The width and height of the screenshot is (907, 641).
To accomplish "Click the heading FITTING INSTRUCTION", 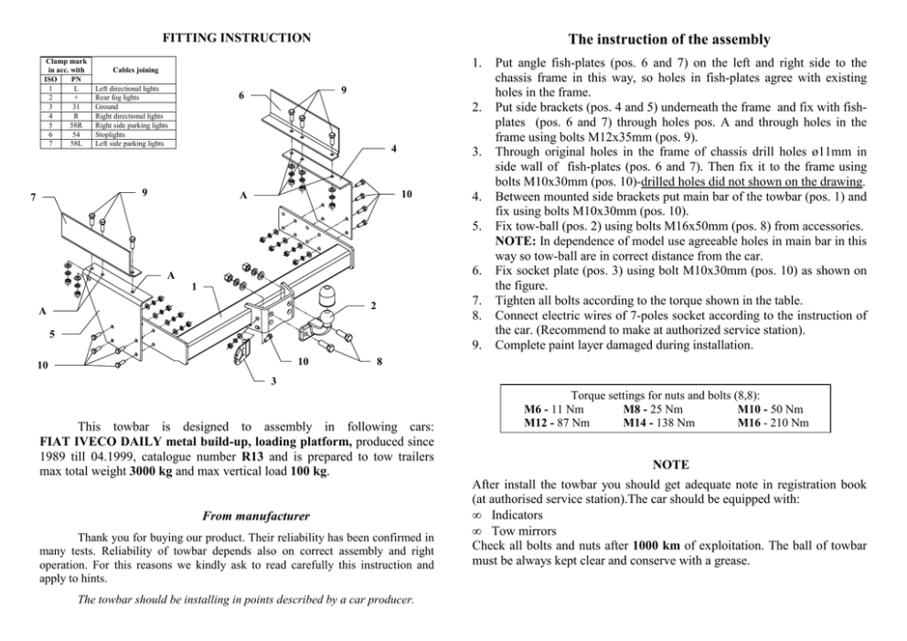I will tap(236, 37).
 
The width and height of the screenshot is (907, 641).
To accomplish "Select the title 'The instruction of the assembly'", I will tap(668, 39).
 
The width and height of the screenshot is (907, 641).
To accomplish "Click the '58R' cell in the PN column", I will tap(78, 130).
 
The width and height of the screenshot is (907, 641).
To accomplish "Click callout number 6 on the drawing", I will tap(241, 96).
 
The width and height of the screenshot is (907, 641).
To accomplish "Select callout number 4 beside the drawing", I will tap(392, 147).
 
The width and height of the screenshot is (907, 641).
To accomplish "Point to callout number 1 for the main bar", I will tap(195, 286).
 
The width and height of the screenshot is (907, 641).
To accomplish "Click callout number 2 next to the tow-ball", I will tap(374, 306).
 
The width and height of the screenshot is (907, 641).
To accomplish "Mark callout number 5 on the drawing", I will tap(50, 334).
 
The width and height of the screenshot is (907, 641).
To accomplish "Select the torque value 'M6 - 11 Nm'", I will tap(556, 409).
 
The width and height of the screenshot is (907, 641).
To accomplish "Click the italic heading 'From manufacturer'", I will tap(236, 516).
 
